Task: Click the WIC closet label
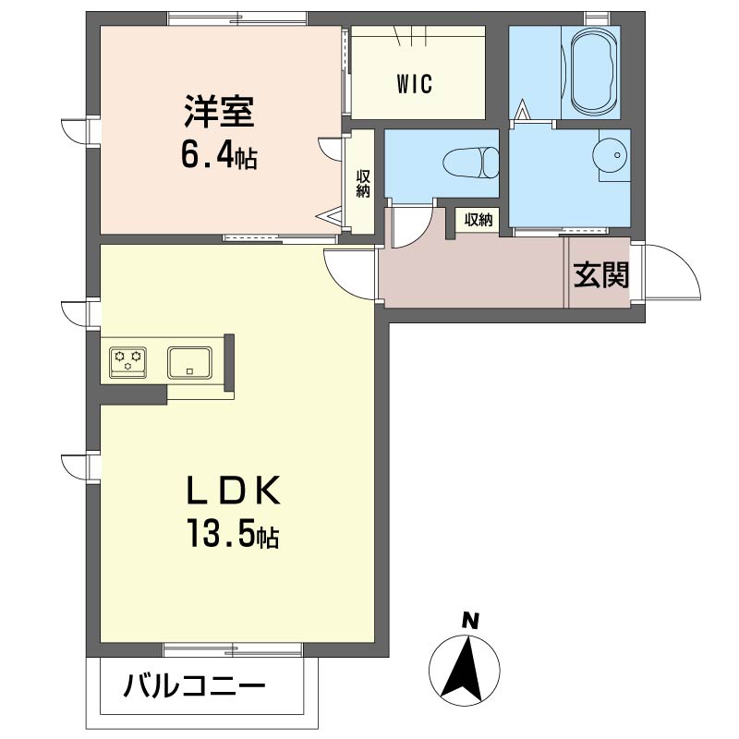point(416,83)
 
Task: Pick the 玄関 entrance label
point(602,275)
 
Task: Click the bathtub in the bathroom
point(596,70)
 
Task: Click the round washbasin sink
point(611,158)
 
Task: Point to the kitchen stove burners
point(127,360)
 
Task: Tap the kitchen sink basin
point(189,361)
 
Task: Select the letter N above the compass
point(470,622)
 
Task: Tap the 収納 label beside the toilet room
point(478,220)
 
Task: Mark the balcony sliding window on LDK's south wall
point(234,648)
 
